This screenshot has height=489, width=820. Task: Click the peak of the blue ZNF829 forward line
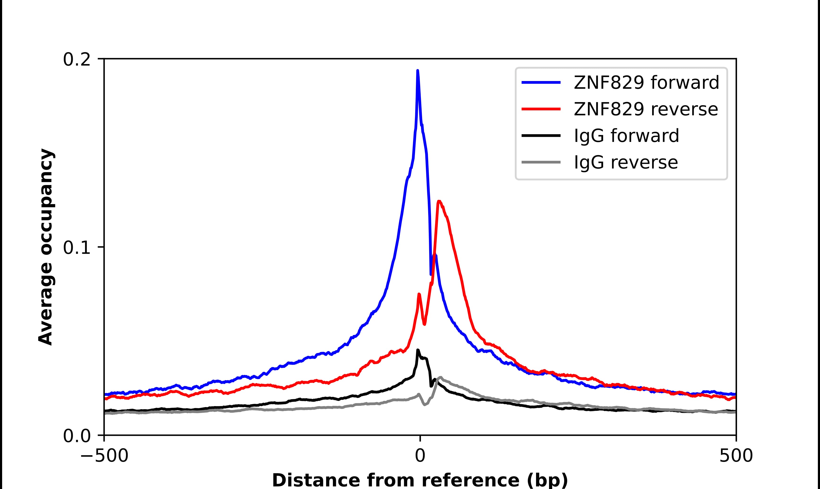418,71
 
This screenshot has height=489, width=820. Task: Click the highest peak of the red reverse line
439,201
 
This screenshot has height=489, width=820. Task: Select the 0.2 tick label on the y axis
77,60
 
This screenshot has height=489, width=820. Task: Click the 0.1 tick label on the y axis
77,248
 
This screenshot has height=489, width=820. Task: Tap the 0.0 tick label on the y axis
77,436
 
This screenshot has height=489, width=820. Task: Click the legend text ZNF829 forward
646,82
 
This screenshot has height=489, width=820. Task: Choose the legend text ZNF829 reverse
646,109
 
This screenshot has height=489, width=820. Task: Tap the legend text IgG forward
626,136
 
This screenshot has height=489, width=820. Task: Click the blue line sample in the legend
541,82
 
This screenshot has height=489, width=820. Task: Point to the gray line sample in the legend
541,162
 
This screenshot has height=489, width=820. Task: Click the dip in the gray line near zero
424,405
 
